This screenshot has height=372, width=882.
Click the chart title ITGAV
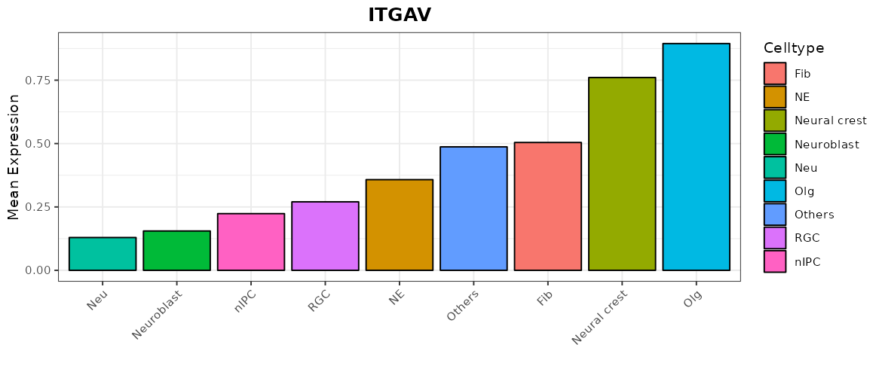point(400,15)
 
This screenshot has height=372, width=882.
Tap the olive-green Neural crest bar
point(622,174)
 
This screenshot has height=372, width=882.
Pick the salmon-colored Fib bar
point(547,206)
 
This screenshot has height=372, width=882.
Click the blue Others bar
point(473,209)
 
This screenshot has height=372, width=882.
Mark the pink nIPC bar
point(250,242)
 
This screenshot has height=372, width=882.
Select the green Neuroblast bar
point(176,250)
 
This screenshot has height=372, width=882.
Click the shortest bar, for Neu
point(103,254)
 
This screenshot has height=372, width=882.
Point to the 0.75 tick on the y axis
point(39,81)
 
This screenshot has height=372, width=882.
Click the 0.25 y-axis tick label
point(39,207)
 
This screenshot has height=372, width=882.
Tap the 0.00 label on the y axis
point(39,270)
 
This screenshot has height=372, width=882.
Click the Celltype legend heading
point(793,48)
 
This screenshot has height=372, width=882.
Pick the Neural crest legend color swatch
point(774,120)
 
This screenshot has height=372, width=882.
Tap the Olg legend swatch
point(774,191)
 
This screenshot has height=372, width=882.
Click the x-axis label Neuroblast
point(159,316)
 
